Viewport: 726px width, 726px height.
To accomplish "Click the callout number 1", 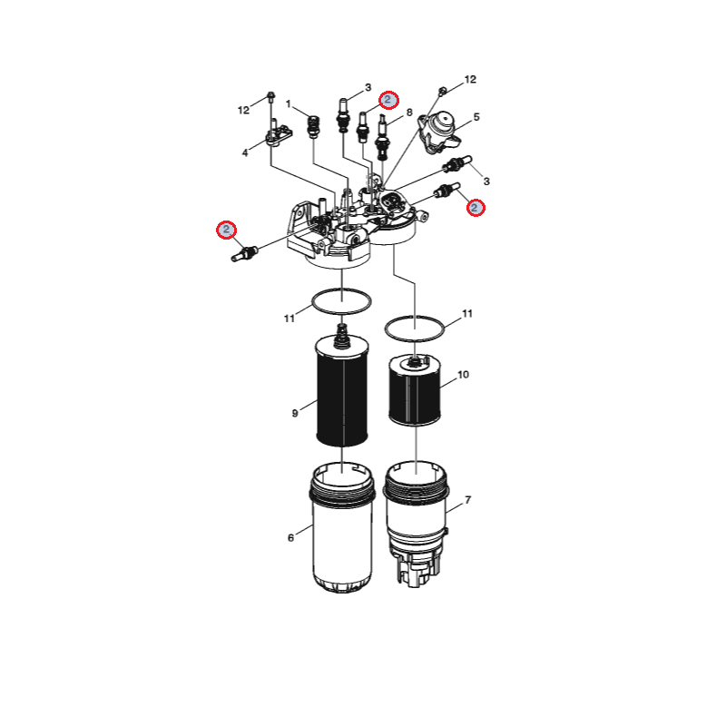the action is (x=289, y=103).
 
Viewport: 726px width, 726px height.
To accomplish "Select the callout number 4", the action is (x=245, y=152).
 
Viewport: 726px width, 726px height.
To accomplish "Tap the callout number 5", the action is (x=476, y=117).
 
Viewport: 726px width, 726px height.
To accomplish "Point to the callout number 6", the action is (x=290, y=537).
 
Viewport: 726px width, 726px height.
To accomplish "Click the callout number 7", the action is (x=468, y=500).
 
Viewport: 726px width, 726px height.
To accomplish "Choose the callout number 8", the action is (x=409, y=113).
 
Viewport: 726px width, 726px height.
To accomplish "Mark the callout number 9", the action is (x=295, y=413).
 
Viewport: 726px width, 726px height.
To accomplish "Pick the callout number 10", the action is (x=464, y=374).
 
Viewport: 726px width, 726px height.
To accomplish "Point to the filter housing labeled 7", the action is (x=416, y=524).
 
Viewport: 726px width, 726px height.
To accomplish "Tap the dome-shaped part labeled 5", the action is (x=439, y=131).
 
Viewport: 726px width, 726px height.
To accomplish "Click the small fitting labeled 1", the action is (x=314, y=126).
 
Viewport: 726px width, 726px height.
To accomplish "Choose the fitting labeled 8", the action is (x=383, y=137).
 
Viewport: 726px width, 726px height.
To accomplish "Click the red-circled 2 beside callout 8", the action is (x=388, y=100).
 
